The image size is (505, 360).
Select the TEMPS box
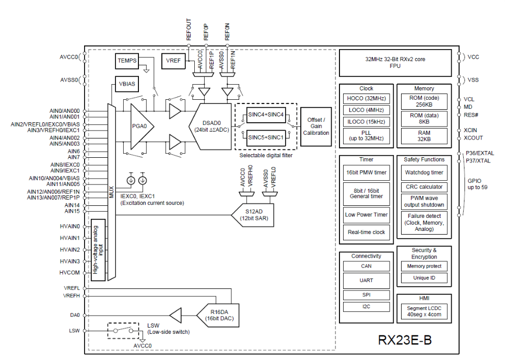click(x=127, y=61)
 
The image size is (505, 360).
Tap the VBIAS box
click(x=127, y=84)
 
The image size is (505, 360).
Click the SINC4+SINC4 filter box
click(x=266, y=115)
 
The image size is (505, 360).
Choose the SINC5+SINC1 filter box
click(x=266, y=137)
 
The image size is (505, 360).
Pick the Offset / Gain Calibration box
click(x=316, y=126)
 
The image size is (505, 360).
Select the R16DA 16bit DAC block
click(x=216, y=315)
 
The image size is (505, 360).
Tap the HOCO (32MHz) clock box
click(x=366, y=98)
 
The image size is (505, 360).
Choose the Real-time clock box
click(x=366, y=232)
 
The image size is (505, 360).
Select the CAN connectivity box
click(x=366, y=266)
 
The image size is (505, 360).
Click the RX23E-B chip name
click(x=405, y=340)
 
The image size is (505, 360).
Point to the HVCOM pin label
click(x=70, y=273)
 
